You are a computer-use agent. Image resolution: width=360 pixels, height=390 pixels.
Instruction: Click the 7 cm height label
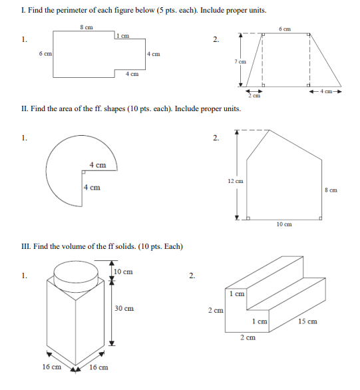pyautogui.click(x=240, y=61)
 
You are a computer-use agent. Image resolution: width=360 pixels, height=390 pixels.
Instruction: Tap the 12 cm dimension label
pyautogui.click(x=235, y=181)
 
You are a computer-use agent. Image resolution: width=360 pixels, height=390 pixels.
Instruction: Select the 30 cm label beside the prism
pyautogui.click(x=124, y=309)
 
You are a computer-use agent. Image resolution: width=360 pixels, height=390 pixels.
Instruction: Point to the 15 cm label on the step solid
pyautogui.click(x=307, y=321)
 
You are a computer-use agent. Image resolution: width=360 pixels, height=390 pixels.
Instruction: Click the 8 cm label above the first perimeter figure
pyautogui.click(x=87, y=27)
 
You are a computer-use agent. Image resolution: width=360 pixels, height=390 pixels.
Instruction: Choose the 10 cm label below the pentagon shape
pyautogui.click(x=283, y=224)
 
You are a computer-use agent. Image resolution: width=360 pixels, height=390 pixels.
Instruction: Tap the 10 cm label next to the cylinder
pyautogui.click(x=123, y=272)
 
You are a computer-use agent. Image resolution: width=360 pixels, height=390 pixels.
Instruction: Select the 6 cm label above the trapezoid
pyautogui.click(x=285, y=29)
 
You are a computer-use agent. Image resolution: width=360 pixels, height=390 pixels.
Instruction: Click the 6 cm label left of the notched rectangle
pyautogui.click(x=46, y=53)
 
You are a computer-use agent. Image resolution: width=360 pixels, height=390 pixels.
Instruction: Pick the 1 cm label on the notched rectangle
pyautogui.click(x=122, y=35)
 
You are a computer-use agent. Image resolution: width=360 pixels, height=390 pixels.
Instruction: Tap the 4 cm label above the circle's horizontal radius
pyautogui.click(x=98, y=164)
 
